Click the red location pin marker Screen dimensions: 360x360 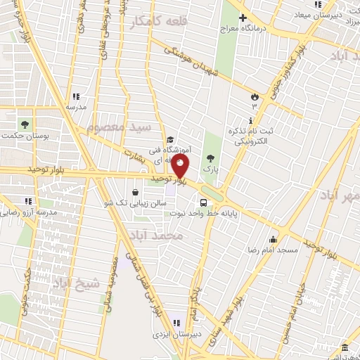coord(181,167)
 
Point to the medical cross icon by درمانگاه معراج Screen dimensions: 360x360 coord(243,18)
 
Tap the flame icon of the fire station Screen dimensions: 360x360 coord(255,94)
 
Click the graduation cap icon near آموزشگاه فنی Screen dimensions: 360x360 coord(170,140)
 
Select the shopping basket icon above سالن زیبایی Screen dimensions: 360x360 coord(135,192)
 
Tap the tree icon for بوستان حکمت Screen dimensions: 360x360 coord(26,123)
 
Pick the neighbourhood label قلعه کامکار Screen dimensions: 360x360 coord(150,23)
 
